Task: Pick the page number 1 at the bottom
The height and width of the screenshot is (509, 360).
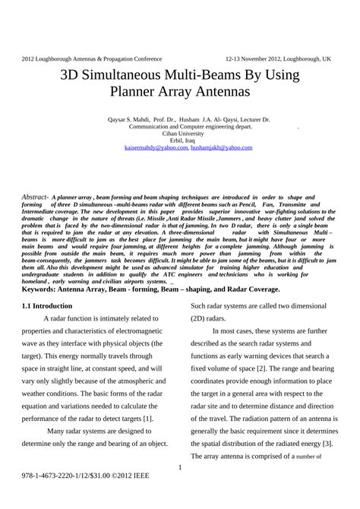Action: click(180, 467)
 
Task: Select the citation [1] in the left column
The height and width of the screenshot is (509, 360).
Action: click(147, 417)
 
